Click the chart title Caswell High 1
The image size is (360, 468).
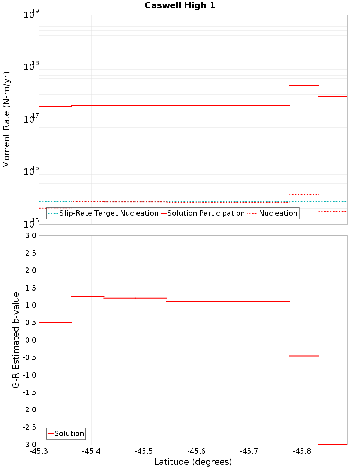pos(180,5)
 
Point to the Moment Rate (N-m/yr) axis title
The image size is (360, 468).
pos(6,120)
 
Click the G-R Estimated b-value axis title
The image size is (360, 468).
pos(16,340)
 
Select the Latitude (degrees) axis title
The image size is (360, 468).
pos(193,462)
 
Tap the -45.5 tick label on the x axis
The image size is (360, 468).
pos(144,451)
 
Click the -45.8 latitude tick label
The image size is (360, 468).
pos(302,451)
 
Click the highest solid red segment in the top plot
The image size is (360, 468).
pos(304,85)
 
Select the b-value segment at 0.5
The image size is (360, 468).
pos(55,323)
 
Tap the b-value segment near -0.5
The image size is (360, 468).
pos(304,356)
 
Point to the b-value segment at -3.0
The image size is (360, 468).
pos(333,445)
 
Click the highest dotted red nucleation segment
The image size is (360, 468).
pos(304,195)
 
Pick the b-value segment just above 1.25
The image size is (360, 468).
pos(87,296)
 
